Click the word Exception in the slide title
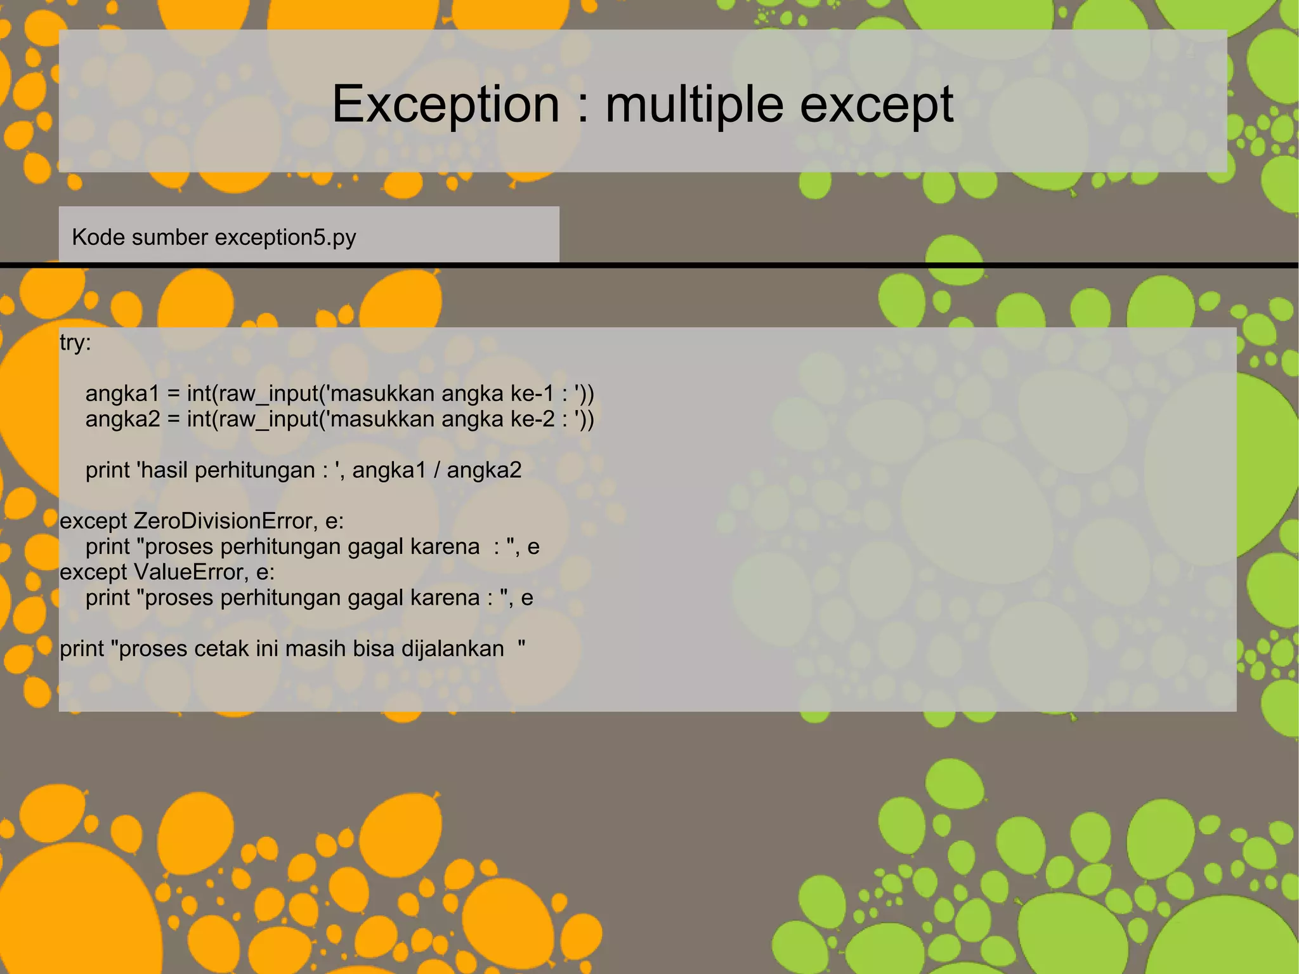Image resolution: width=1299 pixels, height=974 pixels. pyautogui.click(x=446, y=104)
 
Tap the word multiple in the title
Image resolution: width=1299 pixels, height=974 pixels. pyautogui.click(x=695, y=104)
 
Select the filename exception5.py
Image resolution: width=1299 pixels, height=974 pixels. pyautogui.click(x=285, y=237)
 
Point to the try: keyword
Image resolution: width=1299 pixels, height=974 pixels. pyautogui.click(x=75, y=343)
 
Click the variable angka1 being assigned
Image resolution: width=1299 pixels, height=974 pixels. pyautogui.click(x=122, y=394)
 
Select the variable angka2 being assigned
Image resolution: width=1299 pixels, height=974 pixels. pyautogui.click(x=122, y=419)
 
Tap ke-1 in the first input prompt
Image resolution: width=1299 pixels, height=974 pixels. pyautogui.click(x=533, y=394)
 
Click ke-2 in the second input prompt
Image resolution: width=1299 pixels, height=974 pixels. pyautogui.click(x=533, y=419)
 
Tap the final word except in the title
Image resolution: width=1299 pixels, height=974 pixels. pyautogui.click(x=877, y=104)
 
